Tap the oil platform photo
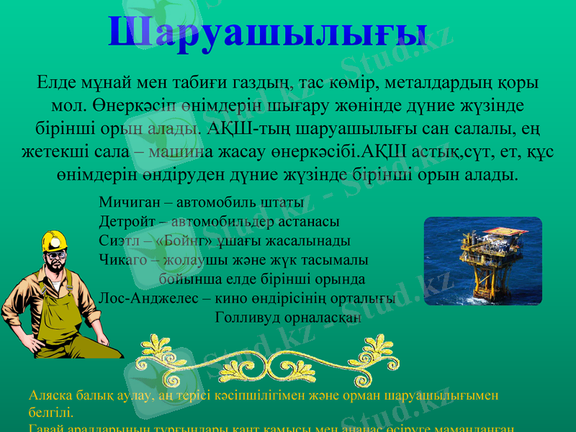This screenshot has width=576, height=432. (x=482, y=260)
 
